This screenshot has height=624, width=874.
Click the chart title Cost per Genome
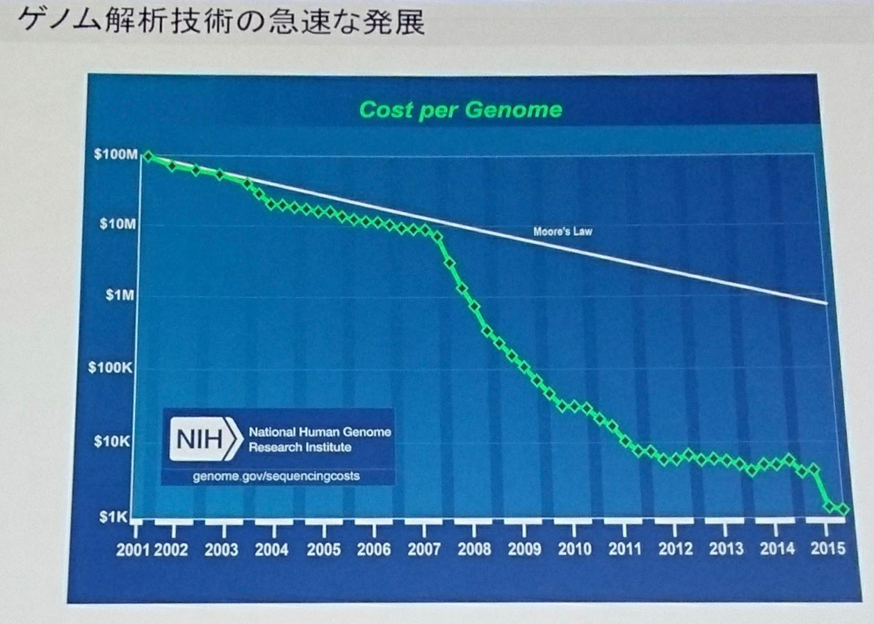click(x=460, y=110)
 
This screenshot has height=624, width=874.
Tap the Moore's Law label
click(x=563, y=232)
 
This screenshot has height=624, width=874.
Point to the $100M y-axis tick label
click(x=115, y=154)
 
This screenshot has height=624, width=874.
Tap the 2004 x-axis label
click(x=271, y=550)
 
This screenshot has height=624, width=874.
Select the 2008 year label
click(x=474, y=550)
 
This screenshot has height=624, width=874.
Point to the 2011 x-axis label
click(x=624, y=550)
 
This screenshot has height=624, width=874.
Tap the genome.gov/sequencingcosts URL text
click(x=277, y=477)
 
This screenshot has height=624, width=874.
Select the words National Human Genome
click(x=320, y=432)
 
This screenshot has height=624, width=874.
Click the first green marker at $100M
click(x=147, y=157)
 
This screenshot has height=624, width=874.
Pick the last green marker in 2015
click(x=844, y=509)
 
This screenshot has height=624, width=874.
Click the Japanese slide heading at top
click(x=220, y=21)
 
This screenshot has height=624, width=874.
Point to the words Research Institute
click(x=300, y=447)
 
